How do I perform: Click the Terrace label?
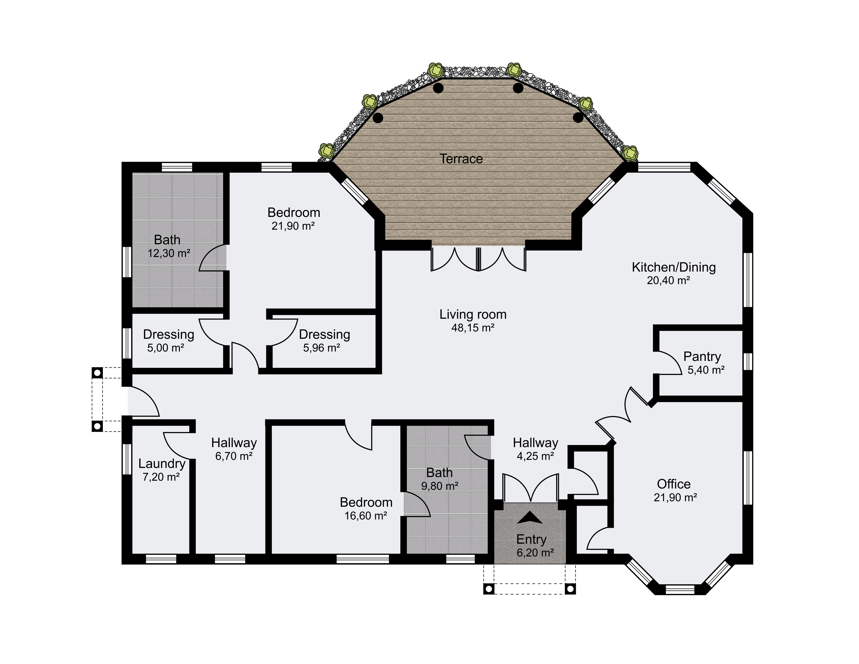(461, 159)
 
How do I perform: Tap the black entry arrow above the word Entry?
(530, 518)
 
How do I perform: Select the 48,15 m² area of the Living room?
(473, 328)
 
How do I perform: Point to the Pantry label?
(702, 356)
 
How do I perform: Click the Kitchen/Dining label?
(674, 267)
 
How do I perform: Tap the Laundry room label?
(162, 464)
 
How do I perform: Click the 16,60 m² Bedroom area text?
(366, 516)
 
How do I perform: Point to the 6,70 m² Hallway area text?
(234, 456)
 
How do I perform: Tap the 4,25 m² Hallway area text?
(535, 456)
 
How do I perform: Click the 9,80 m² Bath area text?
(440, 486)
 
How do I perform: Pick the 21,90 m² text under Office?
(675, 498)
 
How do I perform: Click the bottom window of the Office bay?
(680, 590)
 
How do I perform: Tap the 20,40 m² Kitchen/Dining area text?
(669, 280)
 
